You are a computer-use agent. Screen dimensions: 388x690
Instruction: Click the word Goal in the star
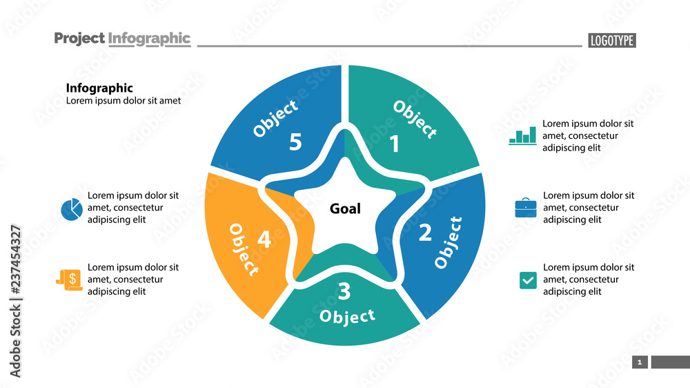(345, 208)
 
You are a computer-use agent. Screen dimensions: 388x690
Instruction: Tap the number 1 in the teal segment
(395, 144)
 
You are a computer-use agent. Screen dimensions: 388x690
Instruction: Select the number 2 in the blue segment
(425, 233)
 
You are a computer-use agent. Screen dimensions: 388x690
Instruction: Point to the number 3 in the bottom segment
(344, 292)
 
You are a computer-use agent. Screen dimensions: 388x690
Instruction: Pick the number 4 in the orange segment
(264, 240)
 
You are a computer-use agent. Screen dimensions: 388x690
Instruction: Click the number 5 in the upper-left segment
(295, 142)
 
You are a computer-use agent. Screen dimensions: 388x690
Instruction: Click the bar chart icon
(522, 135)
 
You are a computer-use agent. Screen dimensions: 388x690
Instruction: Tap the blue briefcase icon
(526, 208)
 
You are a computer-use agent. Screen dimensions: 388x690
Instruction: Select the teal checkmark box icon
(528, 280)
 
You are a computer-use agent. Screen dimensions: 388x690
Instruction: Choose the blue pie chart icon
(71, 208)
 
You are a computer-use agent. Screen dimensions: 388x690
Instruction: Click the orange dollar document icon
(70, 280)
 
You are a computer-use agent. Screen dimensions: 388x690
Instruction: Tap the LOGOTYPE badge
(612, 41)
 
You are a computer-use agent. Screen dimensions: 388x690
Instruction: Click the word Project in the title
(79, 39)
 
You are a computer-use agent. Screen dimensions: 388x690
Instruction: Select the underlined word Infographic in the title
(150, 39)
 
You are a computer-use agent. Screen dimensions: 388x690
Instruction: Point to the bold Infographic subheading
(99, 88)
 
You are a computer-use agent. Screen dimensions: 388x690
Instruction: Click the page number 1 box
(640, 362)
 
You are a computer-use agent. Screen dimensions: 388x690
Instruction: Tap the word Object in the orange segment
(244, 249)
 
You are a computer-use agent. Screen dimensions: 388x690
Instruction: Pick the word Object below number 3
(348, 316)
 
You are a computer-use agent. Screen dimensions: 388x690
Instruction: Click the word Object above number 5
(276, 118)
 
